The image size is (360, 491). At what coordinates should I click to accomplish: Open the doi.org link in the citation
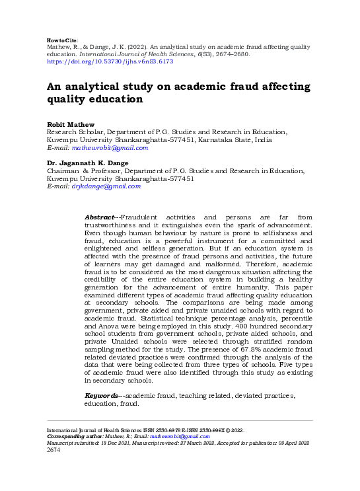click(109, 61)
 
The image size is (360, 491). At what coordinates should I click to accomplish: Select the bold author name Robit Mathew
click(71, 124)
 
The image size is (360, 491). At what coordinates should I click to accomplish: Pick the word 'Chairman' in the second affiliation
click(63, 170)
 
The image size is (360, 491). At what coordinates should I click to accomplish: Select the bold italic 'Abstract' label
click(100, 217)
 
